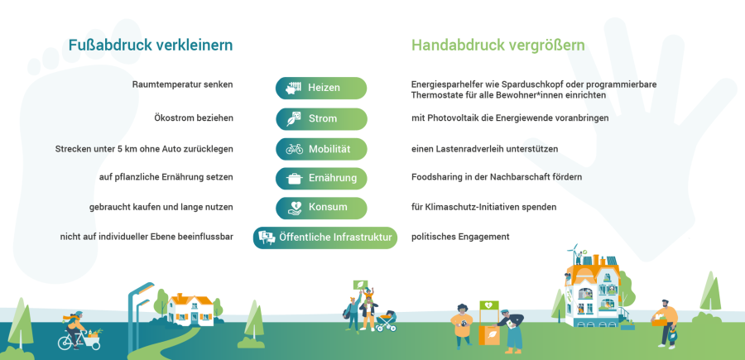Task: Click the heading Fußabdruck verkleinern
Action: (151, 46)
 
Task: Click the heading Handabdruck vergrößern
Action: (498, 46)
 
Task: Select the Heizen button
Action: (321, 88)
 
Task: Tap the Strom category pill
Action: (321, 118)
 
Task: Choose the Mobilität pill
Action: (321, 149)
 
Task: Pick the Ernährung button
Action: (321, 179)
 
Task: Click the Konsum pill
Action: (321, 208)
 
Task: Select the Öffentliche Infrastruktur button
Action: (325, 238)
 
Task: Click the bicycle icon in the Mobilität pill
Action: (295, 149)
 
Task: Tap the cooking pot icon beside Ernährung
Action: (295, 179)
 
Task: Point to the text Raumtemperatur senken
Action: (182, 84)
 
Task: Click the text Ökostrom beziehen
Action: (194, 118)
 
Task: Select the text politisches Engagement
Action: (460, 237)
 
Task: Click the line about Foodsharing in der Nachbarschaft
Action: (497, 177)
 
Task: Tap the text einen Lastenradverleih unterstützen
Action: (484, 149)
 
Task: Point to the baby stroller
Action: (386, 321)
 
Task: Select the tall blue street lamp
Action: (139, 314)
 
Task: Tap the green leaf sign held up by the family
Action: (361, 286)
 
